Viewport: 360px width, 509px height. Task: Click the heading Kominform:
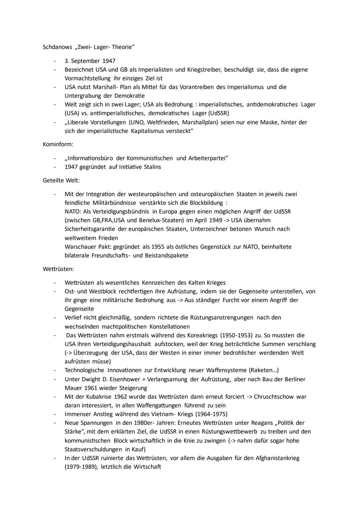[x=58, y=144]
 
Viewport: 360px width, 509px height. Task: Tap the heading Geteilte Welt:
[x=61, y=180]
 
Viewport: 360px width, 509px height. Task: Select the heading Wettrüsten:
[x=58, y=269]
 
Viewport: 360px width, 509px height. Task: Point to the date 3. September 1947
[x=90, y=61]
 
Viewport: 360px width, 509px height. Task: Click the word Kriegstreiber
[x=204, y=70]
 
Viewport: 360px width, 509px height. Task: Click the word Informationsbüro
[x=90, y=158]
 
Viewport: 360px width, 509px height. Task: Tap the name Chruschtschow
[x=276, y=397]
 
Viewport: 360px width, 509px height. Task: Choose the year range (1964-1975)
[x=211, y=414]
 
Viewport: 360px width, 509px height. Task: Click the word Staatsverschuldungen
[x=93, y=449]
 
